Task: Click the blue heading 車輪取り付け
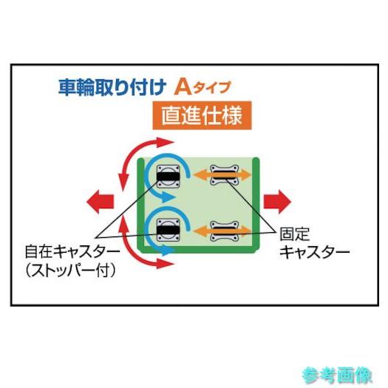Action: [x=112, y=87]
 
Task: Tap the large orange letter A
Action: [x=183, y=87]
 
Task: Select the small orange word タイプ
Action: [x=212, y=88]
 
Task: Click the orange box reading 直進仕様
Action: [x=202, y=115]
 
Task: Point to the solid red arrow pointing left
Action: [x=101, y=202]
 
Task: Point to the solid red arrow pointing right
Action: [x=277, y=202]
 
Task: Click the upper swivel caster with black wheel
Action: [x=169, y=177]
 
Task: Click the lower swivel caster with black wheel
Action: [x=169, y=230]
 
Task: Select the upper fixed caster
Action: [x=224, y=175]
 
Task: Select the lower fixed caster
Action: [x=224, y=231]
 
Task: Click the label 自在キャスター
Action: [x=72, y=251]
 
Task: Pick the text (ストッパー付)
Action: [x=70, y=270]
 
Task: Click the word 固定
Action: [x=294, y=234]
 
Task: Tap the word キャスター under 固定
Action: [x=315, y=252]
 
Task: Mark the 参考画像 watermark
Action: [x=337, y=375]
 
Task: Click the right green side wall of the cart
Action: [x=256, y=203]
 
